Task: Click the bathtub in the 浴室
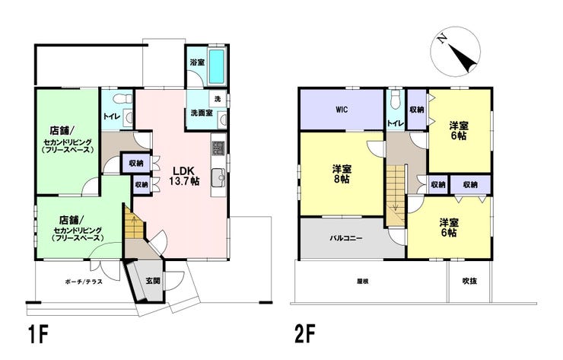click(x=216, y=66)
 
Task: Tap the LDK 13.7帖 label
click(x=184, y=176)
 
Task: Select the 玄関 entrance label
click(x=153, y=281)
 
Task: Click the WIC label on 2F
click(x=342, y=110)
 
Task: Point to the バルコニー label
click(x=346, y=238)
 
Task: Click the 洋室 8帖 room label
click(x=342, y=174)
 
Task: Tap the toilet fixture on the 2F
click(x=396, y=100)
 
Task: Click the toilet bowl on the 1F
click(x=117, y=97)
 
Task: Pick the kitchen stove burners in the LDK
click(x=218, y=148)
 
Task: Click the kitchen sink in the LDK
click(x=218, y=177)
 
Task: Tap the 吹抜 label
click(x=469, y=281)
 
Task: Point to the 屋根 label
click(x=363, y=282)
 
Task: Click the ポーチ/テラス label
click(x=84, y=282)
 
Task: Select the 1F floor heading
click(x=37, y=336)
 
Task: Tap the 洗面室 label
click(x=202, y=113)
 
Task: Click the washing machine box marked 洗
click(x=218, y=99)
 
